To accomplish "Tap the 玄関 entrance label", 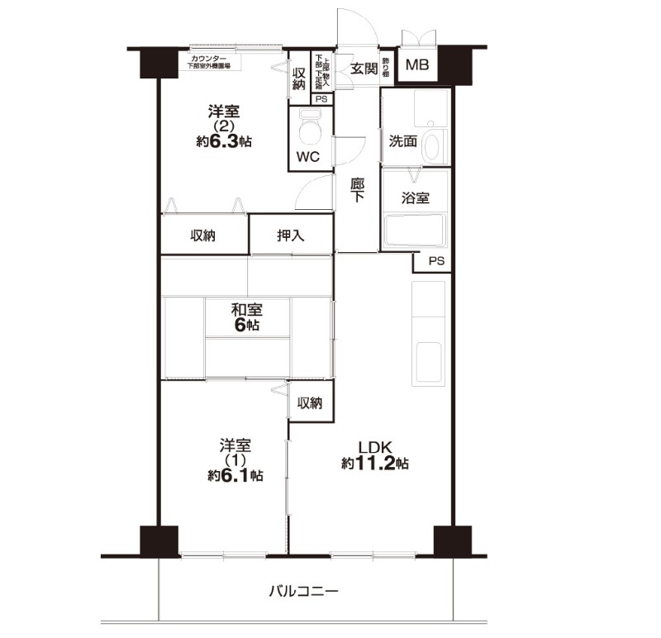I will coord(364,69).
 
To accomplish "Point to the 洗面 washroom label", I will coord(403,140).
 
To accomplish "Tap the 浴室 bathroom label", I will coord(415,198).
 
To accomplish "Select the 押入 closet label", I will coord(291,236).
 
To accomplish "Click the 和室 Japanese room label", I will coord(246,311).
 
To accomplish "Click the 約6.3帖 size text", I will coord(223,141).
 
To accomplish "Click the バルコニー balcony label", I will coord(304,592).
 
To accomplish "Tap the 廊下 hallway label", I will coord(358,190).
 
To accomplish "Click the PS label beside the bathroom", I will coord(436,261).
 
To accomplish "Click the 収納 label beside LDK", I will coord(310,403).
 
